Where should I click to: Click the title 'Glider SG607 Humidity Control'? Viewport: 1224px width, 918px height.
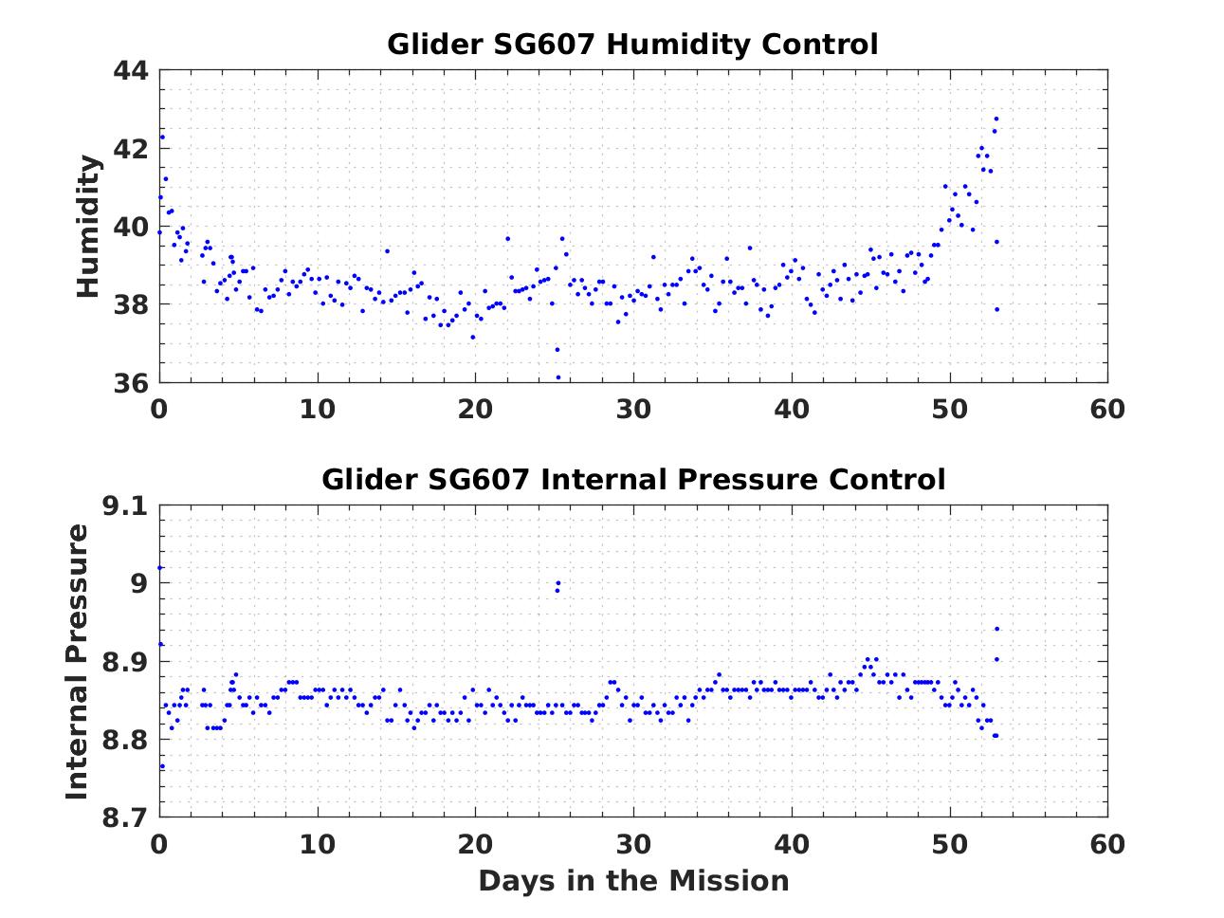coord(632,45)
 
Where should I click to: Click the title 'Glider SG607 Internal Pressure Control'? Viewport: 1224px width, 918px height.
coord(632,480)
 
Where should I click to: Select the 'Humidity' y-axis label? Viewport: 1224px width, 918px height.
coord(88,227)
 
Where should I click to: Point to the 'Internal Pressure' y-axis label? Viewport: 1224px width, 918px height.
coord(78,661)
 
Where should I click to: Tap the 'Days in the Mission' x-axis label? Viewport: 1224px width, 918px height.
coord(632,881)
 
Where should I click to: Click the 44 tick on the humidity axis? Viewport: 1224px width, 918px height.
coord(131,71)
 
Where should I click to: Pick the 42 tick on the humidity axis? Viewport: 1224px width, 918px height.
coord(131,149)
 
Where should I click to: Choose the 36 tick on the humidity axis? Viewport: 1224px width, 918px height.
coord(131,383)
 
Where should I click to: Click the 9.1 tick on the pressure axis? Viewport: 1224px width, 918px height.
coord(125,506)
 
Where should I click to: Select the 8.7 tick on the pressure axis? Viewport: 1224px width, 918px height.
coord(125,817)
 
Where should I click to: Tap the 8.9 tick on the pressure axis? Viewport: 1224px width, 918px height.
coord(125,662)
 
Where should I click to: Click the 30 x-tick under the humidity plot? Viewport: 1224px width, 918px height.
coord(633,409)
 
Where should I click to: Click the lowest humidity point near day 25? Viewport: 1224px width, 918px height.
coord(557,377)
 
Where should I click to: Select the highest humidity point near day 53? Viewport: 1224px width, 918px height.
coord(996,119)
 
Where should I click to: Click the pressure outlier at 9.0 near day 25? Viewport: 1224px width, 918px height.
coord(558,583)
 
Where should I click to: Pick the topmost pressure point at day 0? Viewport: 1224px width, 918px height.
coord(160,567)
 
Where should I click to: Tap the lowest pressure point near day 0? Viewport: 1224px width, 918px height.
coord(162,766)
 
